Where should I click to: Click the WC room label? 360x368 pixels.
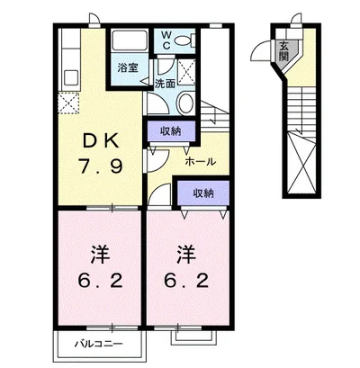166,40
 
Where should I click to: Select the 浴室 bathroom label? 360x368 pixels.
129,68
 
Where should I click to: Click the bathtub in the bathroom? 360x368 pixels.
129,41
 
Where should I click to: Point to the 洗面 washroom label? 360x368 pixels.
165,84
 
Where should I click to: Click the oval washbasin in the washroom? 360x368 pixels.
185,103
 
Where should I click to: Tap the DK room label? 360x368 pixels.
100,141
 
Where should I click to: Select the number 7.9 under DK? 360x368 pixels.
100,166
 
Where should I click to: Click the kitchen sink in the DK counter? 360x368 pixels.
71,78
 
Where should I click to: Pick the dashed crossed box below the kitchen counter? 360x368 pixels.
68,103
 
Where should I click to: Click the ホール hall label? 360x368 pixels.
201,162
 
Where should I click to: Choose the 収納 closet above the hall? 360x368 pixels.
171,130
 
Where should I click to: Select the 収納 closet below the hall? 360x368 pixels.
203,193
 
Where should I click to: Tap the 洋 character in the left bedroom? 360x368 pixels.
100,256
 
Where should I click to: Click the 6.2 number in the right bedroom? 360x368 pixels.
186,282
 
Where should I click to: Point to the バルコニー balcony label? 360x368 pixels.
99,344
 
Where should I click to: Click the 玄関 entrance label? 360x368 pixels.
283,50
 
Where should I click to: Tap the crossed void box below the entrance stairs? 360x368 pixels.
301,164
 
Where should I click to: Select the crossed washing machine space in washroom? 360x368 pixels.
186,72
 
